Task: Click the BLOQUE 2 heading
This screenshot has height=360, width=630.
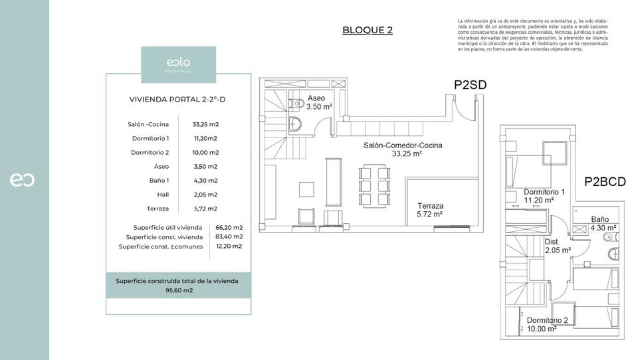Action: (367, 30)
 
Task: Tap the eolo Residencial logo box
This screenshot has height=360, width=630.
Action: (178, 64)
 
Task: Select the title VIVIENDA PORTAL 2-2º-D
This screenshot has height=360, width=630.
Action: (177, 100)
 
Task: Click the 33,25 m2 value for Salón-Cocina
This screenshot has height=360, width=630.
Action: (205, 124)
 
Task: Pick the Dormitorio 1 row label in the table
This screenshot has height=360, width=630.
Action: (150, 138)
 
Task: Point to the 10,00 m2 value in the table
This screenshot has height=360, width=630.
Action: (205, 152)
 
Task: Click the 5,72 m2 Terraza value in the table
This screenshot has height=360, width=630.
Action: (205, 209)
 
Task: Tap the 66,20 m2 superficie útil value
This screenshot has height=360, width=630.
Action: (229, 227)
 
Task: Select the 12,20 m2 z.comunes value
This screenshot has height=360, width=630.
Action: (229, 246)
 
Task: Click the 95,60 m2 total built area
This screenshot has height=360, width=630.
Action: (179, 290)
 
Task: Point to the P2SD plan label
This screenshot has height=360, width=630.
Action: (471, 84)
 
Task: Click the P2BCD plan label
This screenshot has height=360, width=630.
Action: (605, 181)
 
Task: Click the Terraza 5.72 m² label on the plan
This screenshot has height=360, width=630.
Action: (430, 210)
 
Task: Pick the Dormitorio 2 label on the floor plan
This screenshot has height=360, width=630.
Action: (547, 324)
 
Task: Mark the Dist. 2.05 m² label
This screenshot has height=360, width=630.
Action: (557, 246)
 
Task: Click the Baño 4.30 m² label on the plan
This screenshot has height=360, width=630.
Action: (603, 223)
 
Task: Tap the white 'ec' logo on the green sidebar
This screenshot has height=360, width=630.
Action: (22, 179)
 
